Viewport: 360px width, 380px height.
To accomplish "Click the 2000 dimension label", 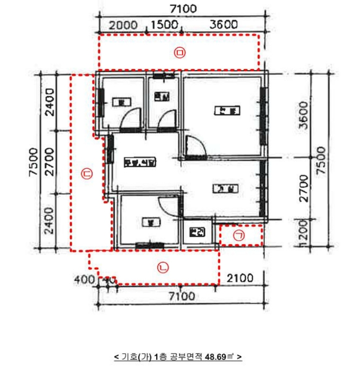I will coord(123,24).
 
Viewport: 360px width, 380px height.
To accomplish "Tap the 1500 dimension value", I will coord(164,24).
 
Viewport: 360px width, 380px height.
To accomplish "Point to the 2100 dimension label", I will coord(240,278).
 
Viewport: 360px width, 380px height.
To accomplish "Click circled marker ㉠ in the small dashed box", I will coord(239,235).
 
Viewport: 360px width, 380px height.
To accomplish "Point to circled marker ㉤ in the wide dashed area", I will coord(180,52).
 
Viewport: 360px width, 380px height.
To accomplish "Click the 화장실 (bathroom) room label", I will coord(160,97).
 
